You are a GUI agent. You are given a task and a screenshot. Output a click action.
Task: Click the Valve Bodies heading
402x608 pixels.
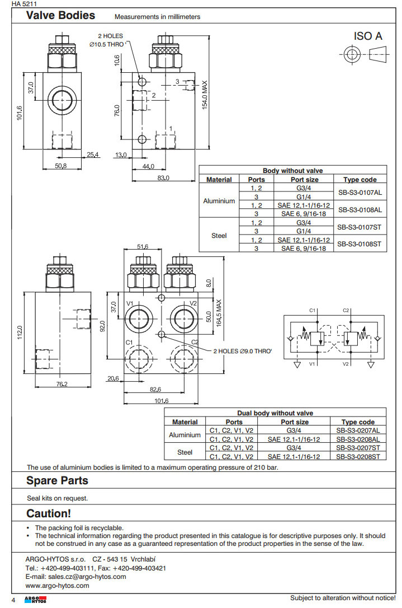point(60,16)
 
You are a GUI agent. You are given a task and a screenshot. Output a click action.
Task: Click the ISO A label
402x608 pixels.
point(368,36)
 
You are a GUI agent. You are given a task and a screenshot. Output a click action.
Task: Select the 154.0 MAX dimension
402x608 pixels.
point(205,94)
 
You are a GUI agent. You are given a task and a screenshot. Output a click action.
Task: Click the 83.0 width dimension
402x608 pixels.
point(163,178)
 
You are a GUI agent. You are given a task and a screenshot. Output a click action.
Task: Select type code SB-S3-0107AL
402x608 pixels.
point(360,192)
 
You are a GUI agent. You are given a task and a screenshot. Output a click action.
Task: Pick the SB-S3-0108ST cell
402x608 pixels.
point(360,244)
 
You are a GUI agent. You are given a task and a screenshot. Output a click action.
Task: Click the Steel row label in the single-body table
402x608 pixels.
point(219,236)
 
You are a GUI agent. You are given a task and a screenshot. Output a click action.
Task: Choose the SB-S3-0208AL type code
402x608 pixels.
point(358,439)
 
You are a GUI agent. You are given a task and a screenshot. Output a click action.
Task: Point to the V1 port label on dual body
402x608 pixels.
point(130,303)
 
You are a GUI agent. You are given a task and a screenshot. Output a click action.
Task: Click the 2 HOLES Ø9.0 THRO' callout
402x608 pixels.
point(242,351)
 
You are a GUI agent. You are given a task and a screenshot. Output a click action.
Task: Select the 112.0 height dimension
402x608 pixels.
point(20,332)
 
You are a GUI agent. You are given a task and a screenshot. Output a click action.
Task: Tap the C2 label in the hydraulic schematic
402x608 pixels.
point(346,310)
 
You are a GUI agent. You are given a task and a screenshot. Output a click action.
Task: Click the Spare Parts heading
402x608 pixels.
point(57,480)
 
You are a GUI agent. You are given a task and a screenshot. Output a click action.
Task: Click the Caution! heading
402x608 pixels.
point(49,513)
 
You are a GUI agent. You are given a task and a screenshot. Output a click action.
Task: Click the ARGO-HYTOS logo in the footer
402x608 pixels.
point(35,599)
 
